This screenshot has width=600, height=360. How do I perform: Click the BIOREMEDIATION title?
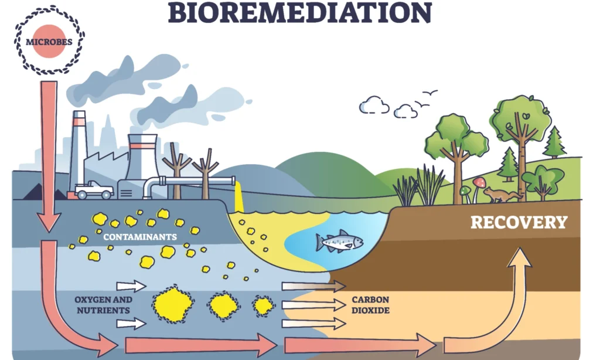pyautogui.click(x=300, y=12)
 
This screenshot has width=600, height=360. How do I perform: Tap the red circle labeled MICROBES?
pyautogui.click(x=49, y=42)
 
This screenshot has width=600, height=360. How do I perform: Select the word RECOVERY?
pyautogui.click(x=519, y=223)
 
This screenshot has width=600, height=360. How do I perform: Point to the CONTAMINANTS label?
pyautogui.click(x=140, y=237)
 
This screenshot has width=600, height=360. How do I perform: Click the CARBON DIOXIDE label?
pyautogui.click(x=370, y=305)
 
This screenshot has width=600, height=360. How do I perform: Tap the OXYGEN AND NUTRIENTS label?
pyautogui.click(x=103, y=305)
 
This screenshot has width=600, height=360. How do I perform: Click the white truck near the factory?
pyautogui.click(x=94, y=190)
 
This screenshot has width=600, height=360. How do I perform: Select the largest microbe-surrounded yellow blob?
pyautogui.click(x=173, y=305)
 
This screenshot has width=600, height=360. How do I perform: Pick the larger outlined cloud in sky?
pyautogui.click(x=374, y=105)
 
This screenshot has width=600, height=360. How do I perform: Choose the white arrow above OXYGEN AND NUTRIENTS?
pyautogui.click(x=131, y=286)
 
